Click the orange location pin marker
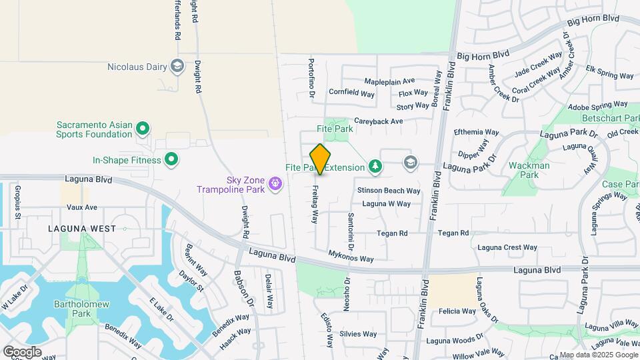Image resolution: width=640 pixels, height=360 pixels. coord(321,159)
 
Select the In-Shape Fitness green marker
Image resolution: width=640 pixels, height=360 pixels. coord(171,159)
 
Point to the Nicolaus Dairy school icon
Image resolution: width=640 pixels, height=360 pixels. coord(177,66)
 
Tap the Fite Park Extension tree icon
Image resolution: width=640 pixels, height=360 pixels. coord(376,167)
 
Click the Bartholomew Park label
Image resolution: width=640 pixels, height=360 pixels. coord(72,309)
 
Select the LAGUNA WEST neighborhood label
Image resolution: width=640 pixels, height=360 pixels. coord(82,228)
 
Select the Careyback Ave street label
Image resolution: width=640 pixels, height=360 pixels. coord(379,121)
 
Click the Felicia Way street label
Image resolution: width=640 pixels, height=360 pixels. coord(457,311)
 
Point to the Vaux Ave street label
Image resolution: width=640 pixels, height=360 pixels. coord(82,207)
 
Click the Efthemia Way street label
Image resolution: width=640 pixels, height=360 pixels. coord(476,132)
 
